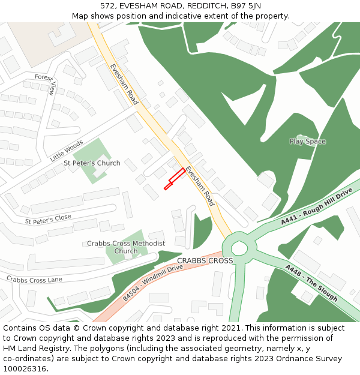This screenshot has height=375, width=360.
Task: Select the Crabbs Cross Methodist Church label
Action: pos(126,247)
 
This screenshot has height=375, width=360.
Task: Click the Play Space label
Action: pos(307,142)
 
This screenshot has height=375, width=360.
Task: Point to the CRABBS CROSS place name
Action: pos(205,260)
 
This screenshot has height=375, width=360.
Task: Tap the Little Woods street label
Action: pos(66,151)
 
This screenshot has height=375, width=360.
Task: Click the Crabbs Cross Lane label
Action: pos(34,279)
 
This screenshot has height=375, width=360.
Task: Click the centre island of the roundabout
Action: pos(240,247)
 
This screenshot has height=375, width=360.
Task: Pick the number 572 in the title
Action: pos(107,6)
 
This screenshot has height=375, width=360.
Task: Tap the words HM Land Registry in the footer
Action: pos(32,348)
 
